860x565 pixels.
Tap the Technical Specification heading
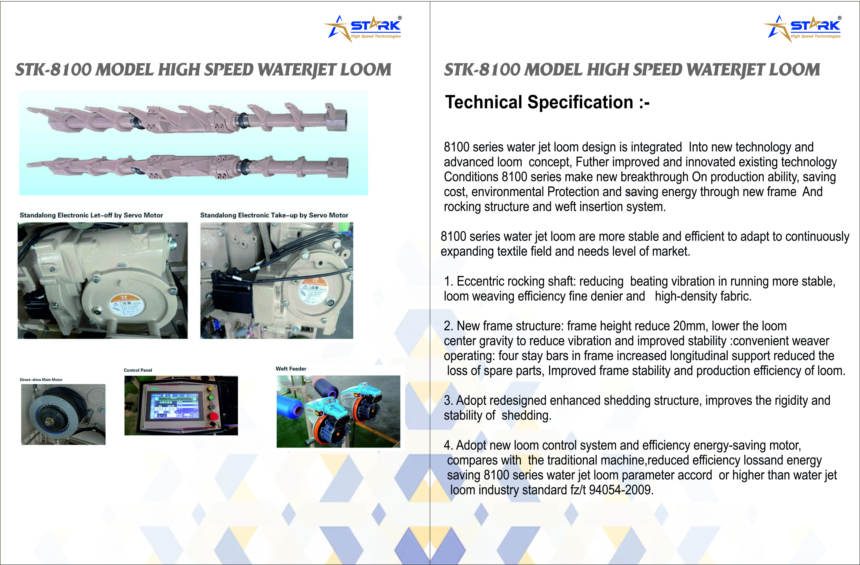coord(547,102)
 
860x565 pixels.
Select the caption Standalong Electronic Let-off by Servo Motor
coord(91,215)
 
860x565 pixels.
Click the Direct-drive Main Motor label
coord(41,380)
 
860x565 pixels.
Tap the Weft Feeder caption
coord(291,369)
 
